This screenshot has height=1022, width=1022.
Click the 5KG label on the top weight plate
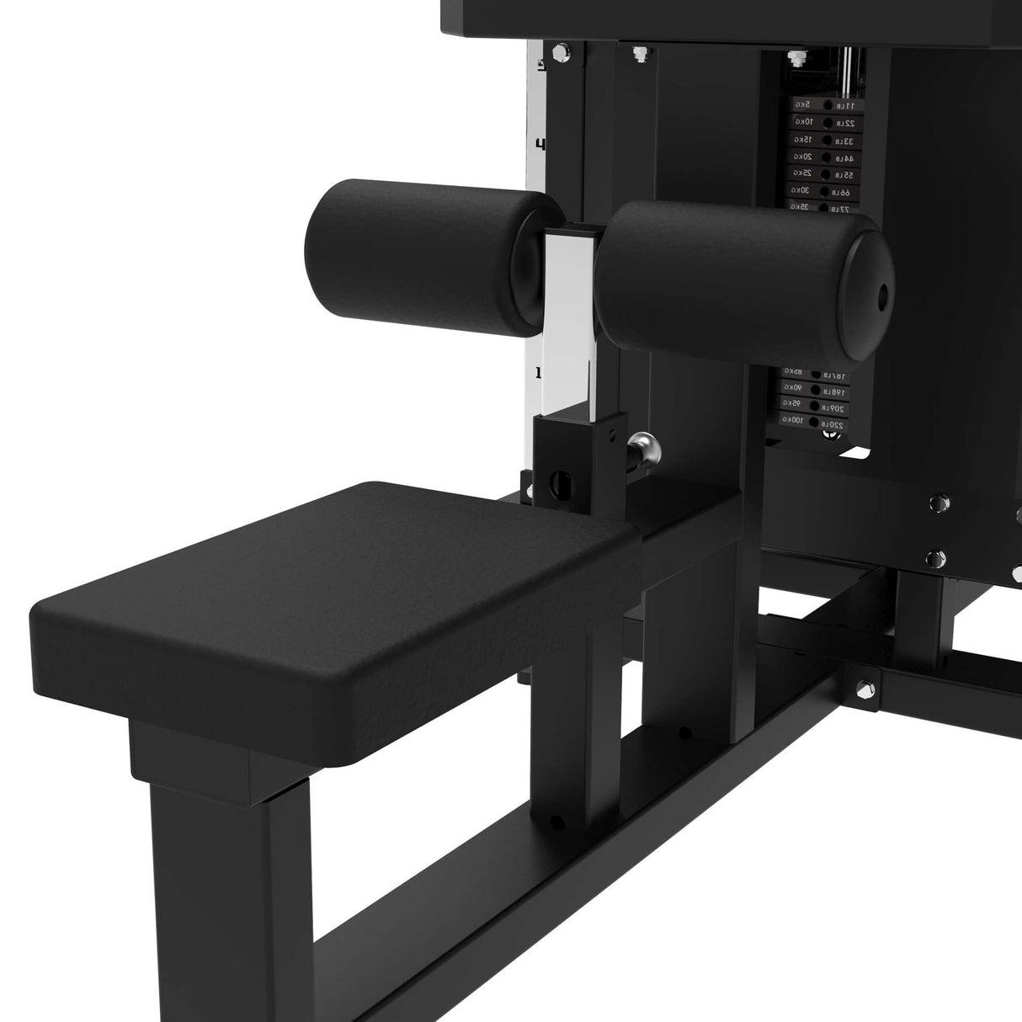coord(803,104)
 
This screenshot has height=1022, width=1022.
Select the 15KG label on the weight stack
coord(803,139)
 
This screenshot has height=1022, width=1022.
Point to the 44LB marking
coord(844,157)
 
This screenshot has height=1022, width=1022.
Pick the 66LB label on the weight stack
coord(843,193)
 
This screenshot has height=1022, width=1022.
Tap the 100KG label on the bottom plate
coord(793,419)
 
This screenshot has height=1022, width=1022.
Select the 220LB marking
coord(833,425)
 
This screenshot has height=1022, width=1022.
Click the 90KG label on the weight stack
coord(794,387)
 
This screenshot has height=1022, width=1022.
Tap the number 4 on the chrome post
coord(540,144)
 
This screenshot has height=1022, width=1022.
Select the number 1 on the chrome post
coord(538,372)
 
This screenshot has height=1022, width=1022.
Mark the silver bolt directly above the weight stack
coord(793,59)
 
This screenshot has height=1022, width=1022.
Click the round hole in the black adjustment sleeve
coord(558,485)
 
